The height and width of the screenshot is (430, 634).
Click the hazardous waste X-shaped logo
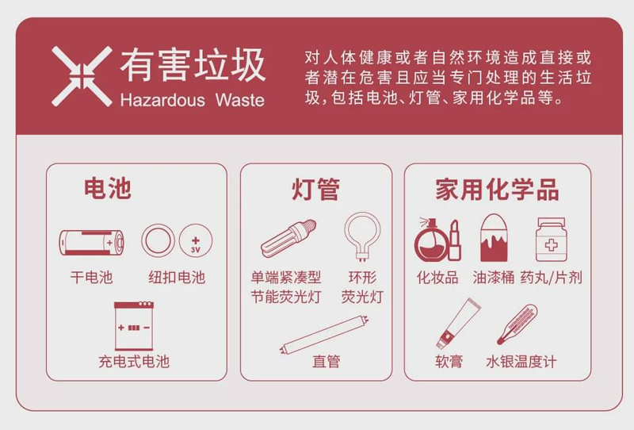click(82, 76)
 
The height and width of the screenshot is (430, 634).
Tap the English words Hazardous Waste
click(191, 101)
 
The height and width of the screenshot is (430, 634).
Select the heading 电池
click(107, 189)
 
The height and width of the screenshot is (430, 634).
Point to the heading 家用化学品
click(497, 190)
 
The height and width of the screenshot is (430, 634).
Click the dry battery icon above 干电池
click(92, 243)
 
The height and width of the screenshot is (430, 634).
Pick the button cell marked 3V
click(195, 241)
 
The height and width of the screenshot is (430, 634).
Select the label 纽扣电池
click(176, 277)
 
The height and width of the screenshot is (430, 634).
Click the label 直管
click(326, 362)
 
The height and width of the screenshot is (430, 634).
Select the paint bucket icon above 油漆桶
click(494, 238)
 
